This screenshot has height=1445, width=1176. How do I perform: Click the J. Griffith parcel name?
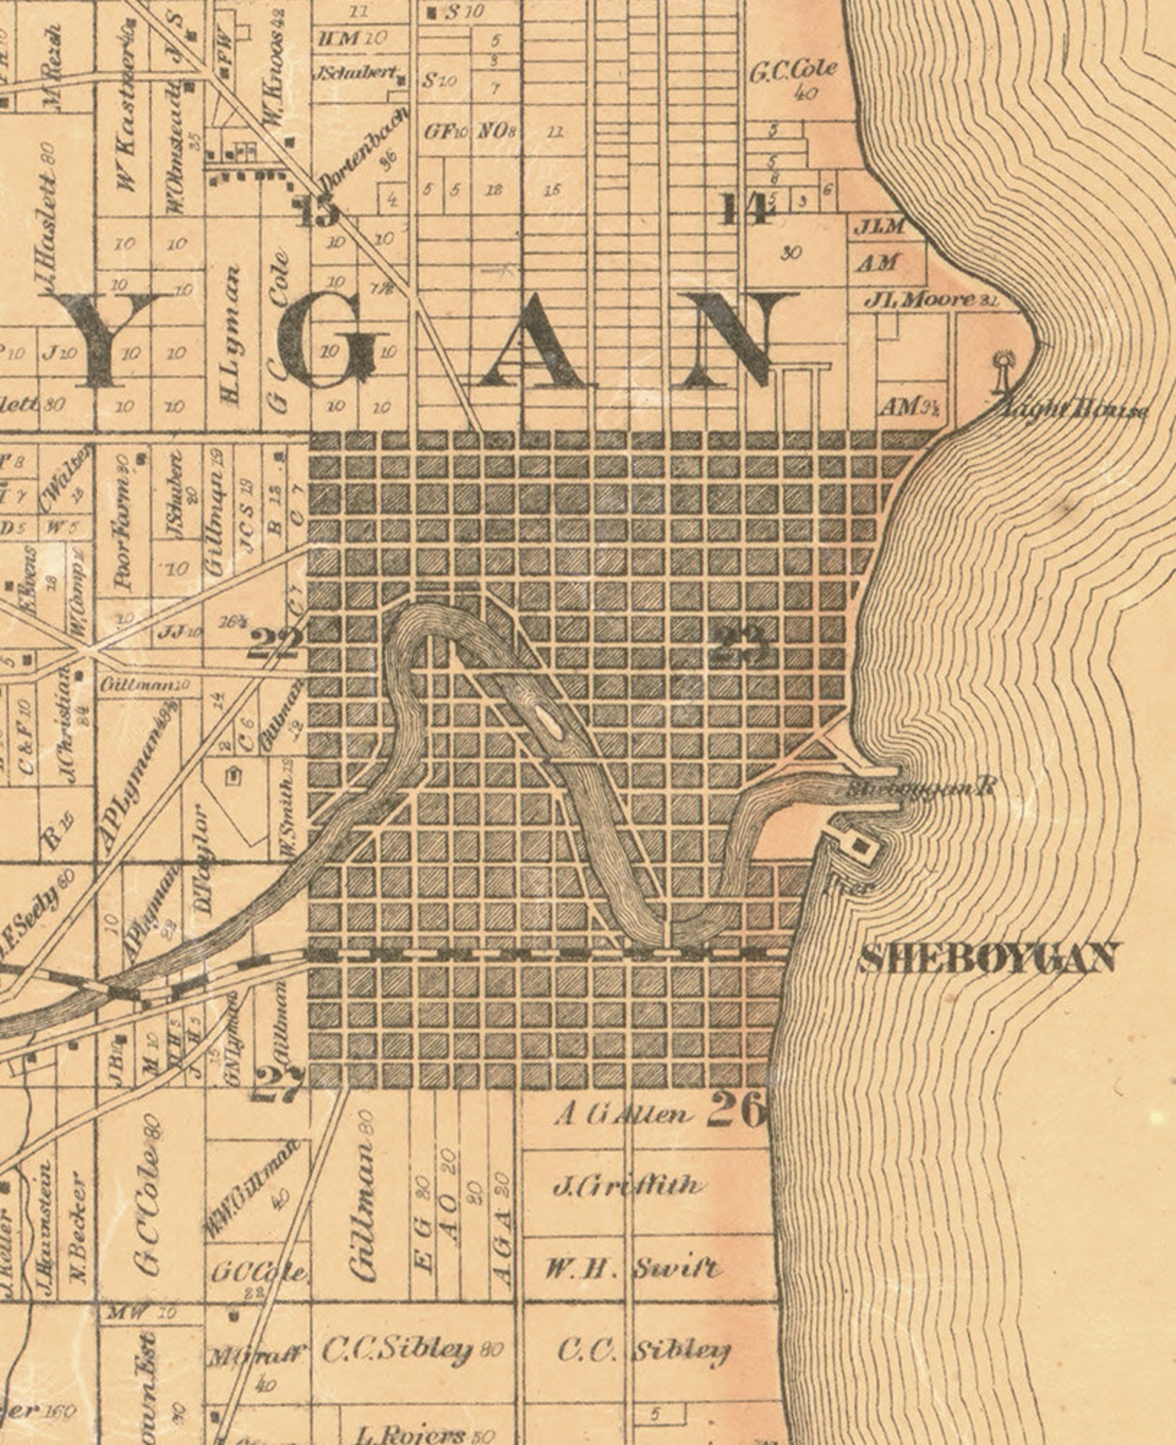click(627, 1187)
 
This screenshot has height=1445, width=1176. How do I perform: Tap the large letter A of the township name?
click(527, 341)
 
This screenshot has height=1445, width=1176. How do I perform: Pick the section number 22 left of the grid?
click(275, 643)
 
